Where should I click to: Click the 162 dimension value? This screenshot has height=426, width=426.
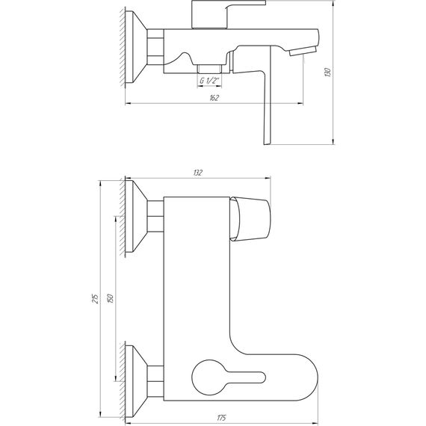[214, 98]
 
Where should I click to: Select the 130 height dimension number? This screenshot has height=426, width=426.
[327, 72]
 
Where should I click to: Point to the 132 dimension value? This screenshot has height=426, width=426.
[198, 173]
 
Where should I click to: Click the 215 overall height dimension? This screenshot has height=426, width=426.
[93, 298]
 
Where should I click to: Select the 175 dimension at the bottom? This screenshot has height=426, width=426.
[222, 416]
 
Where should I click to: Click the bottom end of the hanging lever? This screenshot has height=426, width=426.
[268, 138]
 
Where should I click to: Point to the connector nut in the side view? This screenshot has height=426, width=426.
[155, 46]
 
